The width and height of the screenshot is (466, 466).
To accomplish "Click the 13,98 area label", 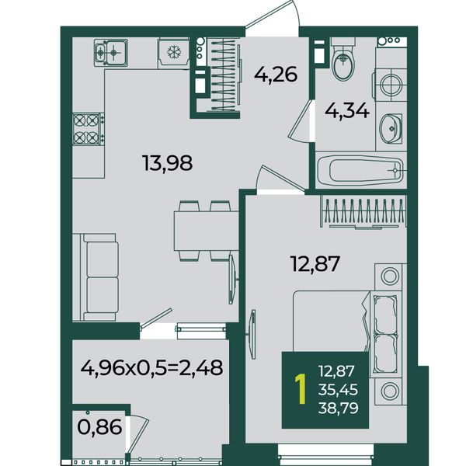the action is pos(167,163).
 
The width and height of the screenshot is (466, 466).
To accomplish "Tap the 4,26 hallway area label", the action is pos(276,75).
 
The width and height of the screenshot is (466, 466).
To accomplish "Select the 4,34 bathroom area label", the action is pos(347,111).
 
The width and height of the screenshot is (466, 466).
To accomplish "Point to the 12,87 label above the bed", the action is pos(315,263).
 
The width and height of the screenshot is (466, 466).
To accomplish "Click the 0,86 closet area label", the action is pos(99,427).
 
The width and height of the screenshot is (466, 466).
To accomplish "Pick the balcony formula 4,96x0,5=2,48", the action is pos(151,367).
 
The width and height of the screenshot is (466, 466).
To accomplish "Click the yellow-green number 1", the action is pos(301,389).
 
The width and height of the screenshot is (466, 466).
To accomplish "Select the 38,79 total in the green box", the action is pos(338,408).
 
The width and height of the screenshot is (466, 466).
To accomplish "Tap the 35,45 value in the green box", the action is pos(338,390).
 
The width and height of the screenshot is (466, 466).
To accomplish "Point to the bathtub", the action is pos(360,170).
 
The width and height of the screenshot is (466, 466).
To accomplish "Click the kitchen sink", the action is pos(111,53).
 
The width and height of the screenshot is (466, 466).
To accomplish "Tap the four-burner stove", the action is pos(89,129).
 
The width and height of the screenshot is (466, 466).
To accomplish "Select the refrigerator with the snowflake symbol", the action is pos(173,53).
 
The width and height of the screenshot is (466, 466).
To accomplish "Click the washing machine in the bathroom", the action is pos(391,85).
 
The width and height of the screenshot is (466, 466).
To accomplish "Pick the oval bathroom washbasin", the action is pos(391,128).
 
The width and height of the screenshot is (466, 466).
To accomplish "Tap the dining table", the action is pos(207,231).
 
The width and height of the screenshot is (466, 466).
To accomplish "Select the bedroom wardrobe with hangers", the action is pos(363,211).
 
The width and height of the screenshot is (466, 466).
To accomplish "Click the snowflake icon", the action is pos(174,52).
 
